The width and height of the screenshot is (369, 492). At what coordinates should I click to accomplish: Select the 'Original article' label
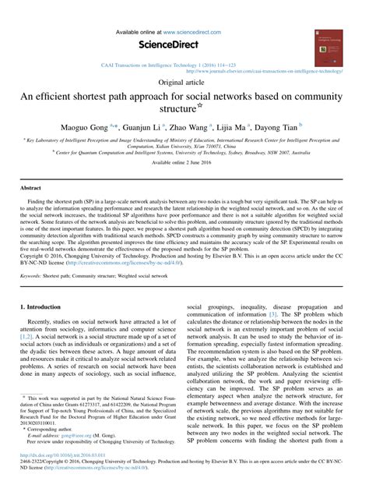[x=184, y=82]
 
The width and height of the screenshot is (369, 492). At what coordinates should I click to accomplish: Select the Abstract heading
[x=31, y=189]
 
